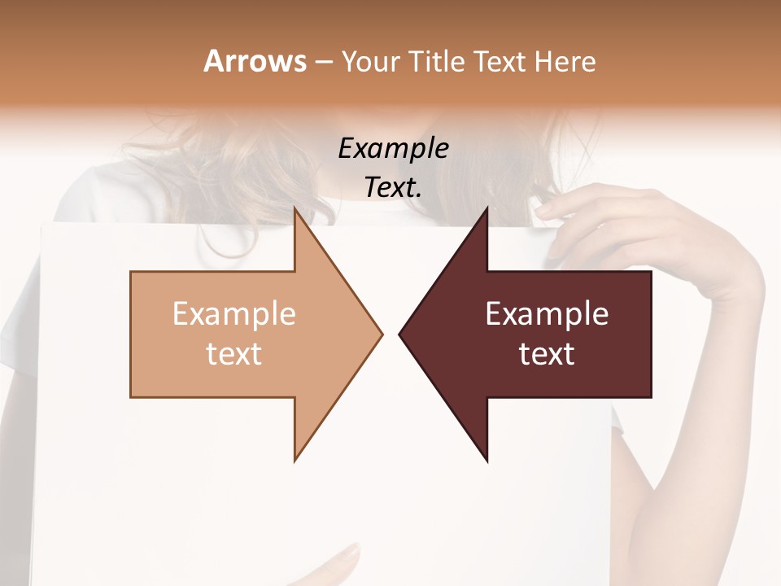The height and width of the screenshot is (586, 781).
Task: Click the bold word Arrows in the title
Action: [255, 61]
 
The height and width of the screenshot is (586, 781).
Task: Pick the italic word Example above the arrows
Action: [393, 148]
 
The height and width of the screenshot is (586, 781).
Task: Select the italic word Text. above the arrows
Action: [393, 187]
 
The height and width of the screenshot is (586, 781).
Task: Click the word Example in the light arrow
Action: [233, 313]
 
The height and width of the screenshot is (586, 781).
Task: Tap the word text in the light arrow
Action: [233, 354]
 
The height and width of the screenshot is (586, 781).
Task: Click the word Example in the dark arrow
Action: [547, 313]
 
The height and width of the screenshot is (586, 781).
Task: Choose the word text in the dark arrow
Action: [547, 354]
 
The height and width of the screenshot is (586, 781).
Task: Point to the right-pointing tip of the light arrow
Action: [382, 333]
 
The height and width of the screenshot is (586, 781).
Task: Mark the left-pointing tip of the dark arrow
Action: [400, 333]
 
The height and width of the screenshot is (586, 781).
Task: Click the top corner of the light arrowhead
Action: [295, 208]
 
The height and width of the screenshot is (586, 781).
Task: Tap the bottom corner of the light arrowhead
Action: [295, 460]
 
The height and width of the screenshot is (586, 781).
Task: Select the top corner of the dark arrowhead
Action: [486, 208]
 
